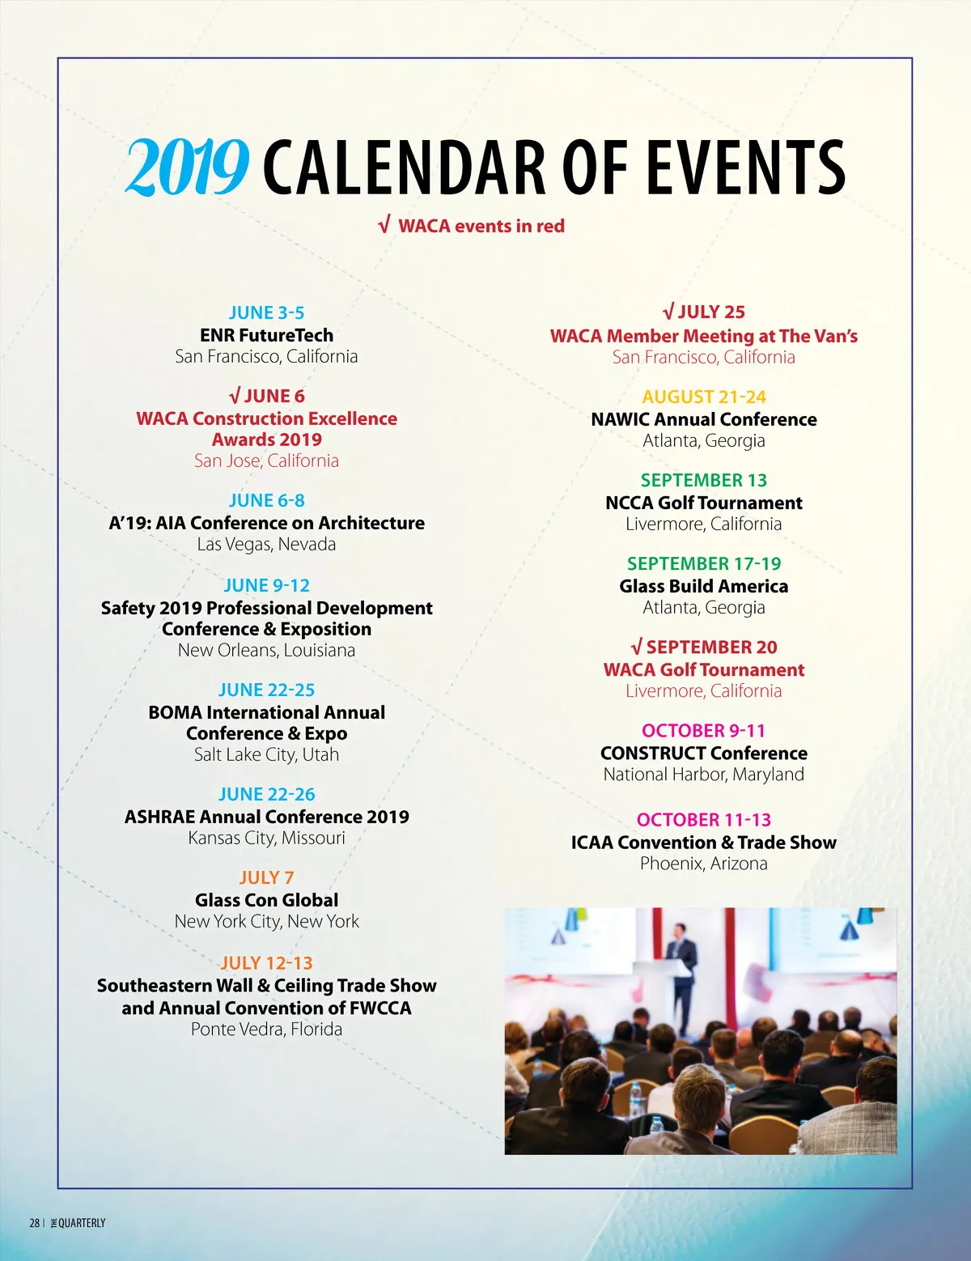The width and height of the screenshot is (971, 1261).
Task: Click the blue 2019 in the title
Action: pos(186,167)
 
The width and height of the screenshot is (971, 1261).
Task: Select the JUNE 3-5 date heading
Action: pos(266,313)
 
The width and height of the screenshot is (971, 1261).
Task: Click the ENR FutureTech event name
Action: pos(266,335)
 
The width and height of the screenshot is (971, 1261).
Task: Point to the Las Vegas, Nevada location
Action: pos(266,544)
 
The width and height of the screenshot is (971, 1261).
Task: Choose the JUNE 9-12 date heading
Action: pos(266,585)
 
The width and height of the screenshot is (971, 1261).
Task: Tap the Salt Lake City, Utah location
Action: pos(266,754)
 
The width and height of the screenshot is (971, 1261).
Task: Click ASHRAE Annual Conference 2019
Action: pos(266,817)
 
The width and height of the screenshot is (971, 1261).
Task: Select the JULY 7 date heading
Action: pos(266,878)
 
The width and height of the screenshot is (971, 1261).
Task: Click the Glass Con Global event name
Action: pos(266,900)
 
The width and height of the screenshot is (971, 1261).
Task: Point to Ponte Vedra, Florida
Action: pos(266,1030)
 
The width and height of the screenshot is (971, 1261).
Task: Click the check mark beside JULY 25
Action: pos(668,312)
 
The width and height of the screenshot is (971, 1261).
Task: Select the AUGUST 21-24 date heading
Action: pos(704,397)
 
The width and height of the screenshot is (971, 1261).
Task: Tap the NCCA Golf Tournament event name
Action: pos(704,503)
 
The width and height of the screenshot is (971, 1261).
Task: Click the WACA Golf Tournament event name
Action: pos(704,669)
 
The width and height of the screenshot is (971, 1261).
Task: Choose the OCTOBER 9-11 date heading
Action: pos(704,731)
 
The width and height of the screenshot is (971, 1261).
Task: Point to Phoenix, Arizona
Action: pos(704,864)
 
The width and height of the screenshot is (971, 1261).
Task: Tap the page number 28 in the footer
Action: pos(34,1223)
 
